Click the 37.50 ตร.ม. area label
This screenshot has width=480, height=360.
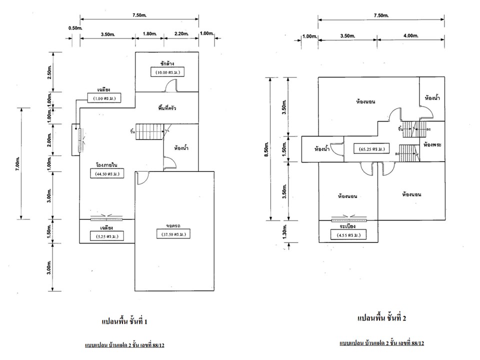(173, 234)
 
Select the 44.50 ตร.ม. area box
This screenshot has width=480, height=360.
(107, 174)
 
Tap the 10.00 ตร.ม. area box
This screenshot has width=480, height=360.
(168, 72)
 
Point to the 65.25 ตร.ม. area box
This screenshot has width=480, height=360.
(371, 149)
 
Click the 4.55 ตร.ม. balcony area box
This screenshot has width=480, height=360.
(348, 235)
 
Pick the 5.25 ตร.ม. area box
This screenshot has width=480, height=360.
(107, 236)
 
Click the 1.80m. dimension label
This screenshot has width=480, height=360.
(149, 33)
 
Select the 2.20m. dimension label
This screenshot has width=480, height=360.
(181, 33)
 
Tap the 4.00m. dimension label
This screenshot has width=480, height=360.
(410, 35)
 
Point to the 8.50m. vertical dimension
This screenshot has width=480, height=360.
(266, 149)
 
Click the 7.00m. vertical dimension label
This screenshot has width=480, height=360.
(17, 164)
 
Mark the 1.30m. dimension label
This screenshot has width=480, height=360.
(284, 231)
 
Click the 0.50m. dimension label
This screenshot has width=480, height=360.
(75, 28)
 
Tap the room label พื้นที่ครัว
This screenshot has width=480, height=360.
(167, 108)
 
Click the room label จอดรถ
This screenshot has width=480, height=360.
(173, 225)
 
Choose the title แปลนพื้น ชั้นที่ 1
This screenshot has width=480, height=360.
(124, 321)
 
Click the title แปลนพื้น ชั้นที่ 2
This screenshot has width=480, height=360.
(381, 318)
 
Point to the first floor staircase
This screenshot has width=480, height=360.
(149, 131)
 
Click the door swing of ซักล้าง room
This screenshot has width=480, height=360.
(171, 85)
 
